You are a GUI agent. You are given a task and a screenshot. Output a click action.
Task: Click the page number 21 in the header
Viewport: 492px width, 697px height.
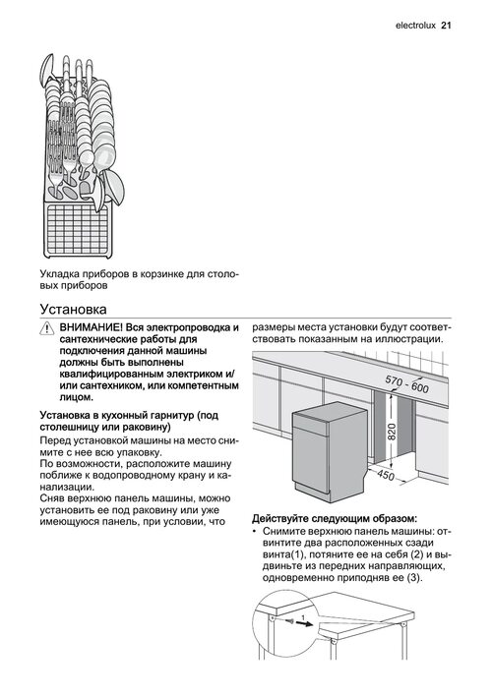click(x=446, y=26)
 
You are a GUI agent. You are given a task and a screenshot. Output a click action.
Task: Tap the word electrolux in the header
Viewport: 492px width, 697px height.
click(x=415, y=26)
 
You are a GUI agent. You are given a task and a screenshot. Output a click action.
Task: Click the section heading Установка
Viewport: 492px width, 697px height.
click(x=74, y=309)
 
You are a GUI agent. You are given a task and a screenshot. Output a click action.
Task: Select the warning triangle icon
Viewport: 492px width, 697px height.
click(x=46, y=328)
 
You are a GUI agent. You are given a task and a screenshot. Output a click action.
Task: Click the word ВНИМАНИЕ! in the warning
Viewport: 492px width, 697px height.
click(x=91, y=328)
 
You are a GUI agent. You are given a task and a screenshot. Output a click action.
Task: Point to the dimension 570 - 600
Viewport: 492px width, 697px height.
click(x=407, y=384)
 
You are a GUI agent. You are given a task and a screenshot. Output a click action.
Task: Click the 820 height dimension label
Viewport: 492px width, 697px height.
click(x=392, y=432)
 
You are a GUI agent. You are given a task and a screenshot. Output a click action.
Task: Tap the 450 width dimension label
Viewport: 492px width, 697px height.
click(x=386, y=475)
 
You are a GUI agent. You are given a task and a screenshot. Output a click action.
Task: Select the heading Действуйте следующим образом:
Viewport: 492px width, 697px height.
click(x=335, y=519)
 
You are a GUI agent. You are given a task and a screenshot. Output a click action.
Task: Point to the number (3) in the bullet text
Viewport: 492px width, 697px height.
click(x=413, y=578)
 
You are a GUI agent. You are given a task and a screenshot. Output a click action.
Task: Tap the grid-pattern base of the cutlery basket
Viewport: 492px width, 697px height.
click(x=79, y=229)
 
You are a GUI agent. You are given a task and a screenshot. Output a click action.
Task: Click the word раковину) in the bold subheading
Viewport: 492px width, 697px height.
click(x=149, y=428)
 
